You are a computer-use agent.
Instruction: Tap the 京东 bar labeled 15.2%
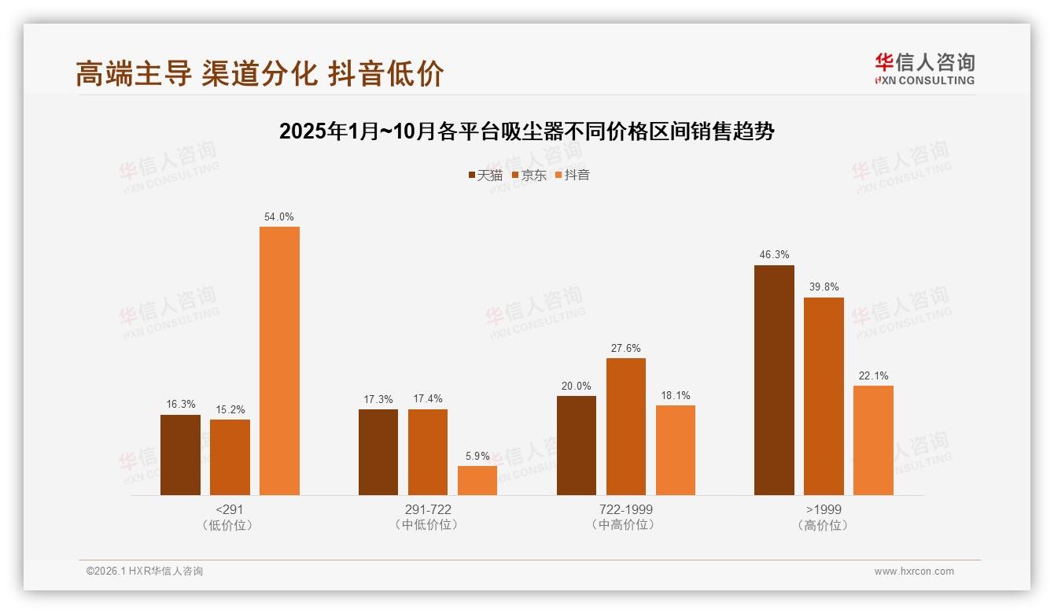tap(230, 457)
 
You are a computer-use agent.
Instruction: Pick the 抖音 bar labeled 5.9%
tap(477, 480)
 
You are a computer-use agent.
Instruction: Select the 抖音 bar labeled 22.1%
tap(873, 440)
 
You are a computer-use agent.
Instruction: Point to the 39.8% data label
tap(824, 287)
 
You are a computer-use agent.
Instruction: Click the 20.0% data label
tap(577, 386)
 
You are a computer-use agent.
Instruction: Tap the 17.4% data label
tap(428, 399)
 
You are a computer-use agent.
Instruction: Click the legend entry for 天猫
tap(485, 176)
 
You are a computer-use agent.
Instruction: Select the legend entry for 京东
tap(529, 176)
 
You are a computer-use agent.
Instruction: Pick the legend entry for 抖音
tap(573, 176)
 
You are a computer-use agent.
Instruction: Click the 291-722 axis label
tap(428, 509)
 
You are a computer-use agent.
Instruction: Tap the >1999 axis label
tap(824, 509)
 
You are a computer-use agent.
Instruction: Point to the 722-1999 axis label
tap(626, 509)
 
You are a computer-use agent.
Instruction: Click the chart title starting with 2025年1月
tap(527, 131)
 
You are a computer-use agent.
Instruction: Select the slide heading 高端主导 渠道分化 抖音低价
tap(260, 73)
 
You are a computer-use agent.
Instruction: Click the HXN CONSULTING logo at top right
tap(924, 68)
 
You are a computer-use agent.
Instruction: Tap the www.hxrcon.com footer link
tap(914, 571)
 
